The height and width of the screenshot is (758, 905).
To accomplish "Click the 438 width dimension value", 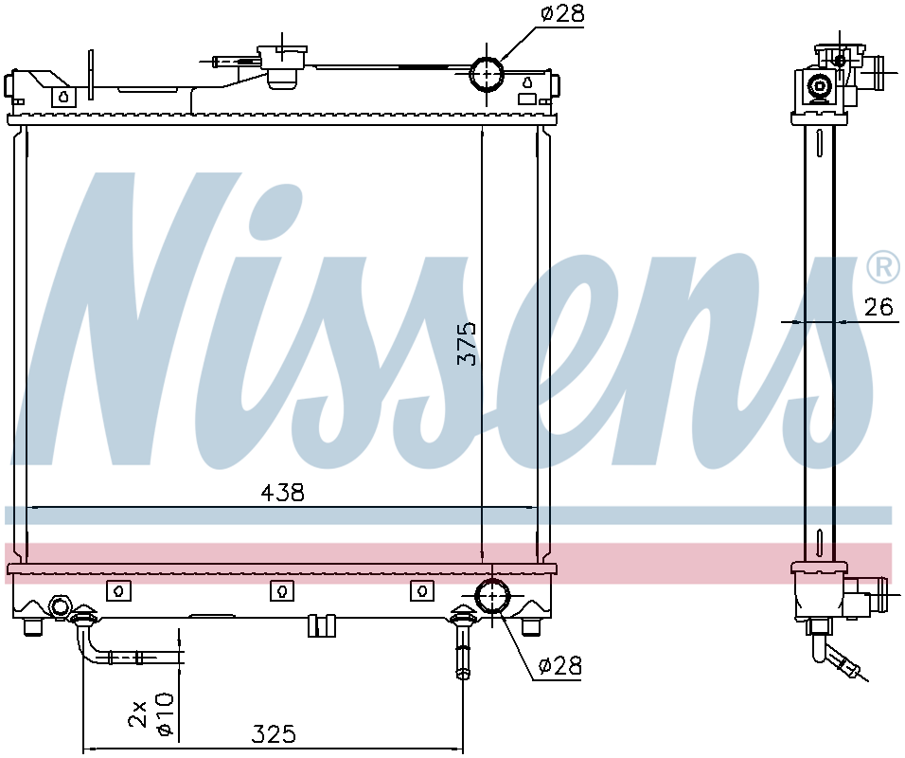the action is pyautogui.click(x=282, y=493).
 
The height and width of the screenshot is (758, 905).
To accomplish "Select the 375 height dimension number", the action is pyautogui.click(x=467, y=343).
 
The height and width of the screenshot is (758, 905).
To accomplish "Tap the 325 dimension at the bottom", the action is pyautogui.click(x=274, y=733).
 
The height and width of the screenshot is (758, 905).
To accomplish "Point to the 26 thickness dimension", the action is pyautogui.click(x=878, y=307).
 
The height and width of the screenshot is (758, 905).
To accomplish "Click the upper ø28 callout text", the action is pyautogui.click(x=562, y=13).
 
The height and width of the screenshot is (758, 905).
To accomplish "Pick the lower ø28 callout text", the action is pyautogui.click(x=559, y=666).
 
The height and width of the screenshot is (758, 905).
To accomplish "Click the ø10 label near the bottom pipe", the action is pyautogui.click(x=165, y=713).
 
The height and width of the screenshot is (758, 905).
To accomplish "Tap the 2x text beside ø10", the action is pyautogui.click(x=138, y=713).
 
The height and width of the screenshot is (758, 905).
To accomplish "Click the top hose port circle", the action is pyautogui.click(x=488, y=73).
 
